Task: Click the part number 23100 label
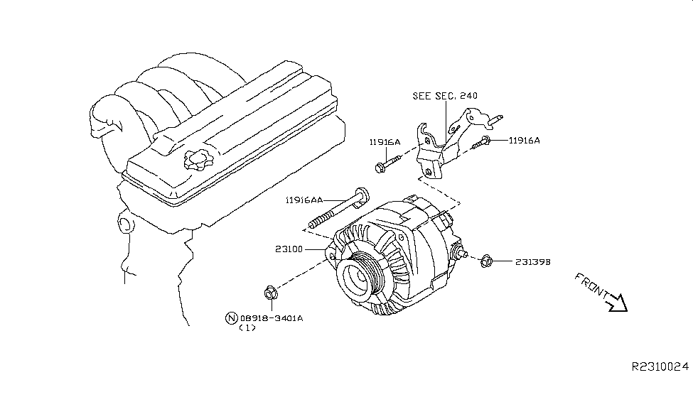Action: click(289, 249)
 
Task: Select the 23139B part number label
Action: click(533, 262)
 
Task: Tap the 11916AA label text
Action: click(304, 200)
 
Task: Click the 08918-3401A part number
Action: click(272, 318)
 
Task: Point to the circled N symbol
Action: click(232, 318)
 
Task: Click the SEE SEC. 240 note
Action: click(445, 96)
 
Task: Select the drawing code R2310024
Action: click(660, 366)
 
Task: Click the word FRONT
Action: click(591, 285)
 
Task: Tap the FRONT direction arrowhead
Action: click(619, 303)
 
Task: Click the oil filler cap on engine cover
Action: click(198, 160)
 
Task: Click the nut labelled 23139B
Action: click(486, 261)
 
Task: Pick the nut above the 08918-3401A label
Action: click(271, 293)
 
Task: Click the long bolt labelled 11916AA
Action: click(338, 210)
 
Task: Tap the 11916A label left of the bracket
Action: click(385, 142)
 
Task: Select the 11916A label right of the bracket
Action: click(525, 141)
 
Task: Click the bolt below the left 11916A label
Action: click(387, 163)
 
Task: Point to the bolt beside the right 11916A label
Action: click(481, 143)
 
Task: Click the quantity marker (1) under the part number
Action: click(247, 328)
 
